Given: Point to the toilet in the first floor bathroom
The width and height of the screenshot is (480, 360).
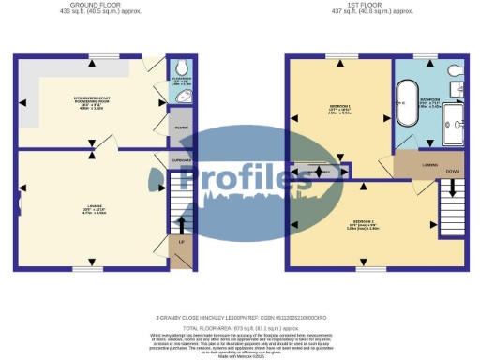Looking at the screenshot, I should click(454, 71).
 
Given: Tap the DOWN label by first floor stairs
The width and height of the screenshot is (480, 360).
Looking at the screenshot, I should click(452, 172).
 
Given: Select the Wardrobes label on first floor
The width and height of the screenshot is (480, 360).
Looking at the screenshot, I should click(320, 172).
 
